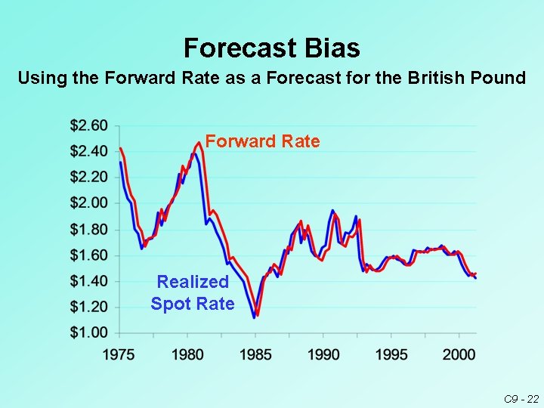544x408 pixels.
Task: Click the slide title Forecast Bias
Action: [x=271, y=48]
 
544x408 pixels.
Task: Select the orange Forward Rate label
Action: [x=262, y=141]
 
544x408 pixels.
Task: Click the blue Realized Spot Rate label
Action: [x=193, y=292]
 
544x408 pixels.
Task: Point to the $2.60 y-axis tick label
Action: [x=88, y=125]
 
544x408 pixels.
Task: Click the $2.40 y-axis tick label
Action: [x=88, y=151]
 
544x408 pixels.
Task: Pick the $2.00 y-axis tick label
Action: [x=88, y=202]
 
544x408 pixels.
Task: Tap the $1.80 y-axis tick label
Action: [x=88, y=229]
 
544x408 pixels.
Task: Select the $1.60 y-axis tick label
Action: [x=88, y=255]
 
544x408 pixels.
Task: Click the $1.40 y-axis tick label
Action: [x=88, y=281]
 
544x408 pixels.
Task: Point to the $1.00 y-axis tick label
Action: [x=88, y=332]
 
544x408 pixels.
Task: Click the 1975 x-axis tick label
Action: [x=119, y=354]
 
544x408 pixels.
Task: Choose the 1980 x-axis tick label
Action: [x=187, y=354]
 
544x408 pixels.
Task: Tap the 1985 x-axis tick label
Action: [x=256, y=354]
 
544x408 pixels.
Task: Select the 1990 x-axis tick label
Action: [x=324, y=354]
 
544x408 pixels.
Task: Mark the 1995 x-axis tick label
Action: [x=392, y=354]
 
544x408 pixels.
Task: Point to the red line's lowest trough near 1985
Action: [x=257, y=314]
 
